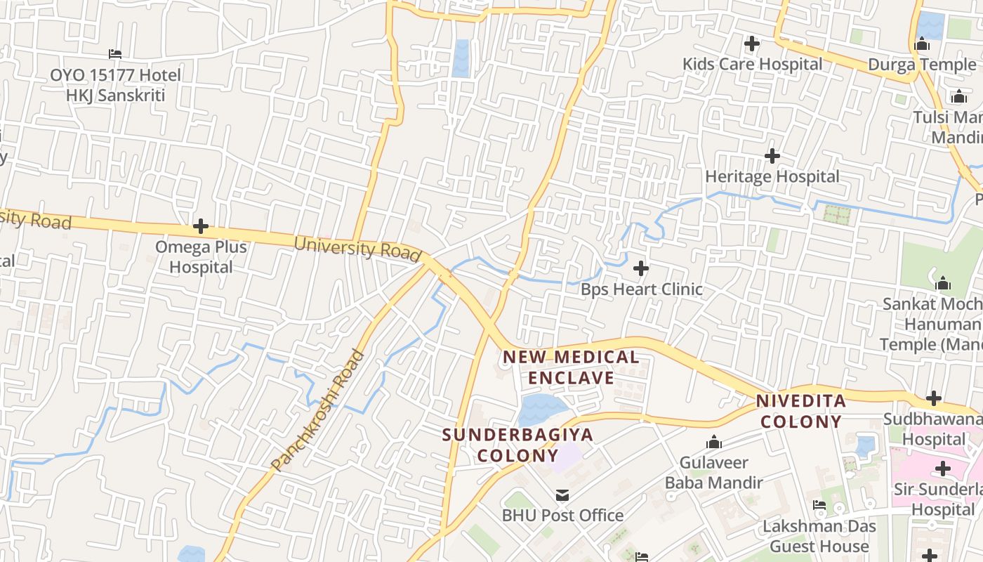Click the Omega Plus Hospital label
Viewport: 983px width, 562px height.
click(x=201, y=257)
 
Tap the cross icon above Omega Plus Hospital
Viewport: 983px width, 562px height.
click(x=201, y=226)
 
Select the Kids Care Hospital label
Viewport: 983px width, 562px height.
click(x=752, y=64)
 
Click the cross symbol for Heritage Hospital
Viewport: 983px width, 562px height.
click(x=772, y=155)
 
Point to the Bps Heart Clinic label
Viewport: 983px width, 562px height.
click(x=641, y=289)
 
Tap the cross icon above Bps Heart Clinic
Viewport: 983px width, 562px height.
click(x=640, y=268)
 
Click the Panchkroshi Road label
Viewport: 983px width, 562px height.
click(x=319, y=410)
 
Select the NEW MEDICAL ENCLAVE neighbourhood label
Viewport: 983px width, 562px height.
click(x=571, y=367)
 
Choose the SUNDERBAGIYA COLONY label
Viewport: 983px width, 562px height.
click(x=517, y=444)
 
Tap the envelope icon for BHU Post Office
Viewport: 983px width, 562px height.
click(x=562, y=495)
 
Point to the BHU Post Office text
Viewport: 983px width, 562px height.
click(x=562, y=516)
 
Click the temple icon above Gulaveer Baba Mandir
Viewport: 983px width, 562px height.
click(x=714, y=443)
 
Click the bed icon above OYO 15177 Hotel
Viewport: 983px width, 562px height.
click(x=115, y=54)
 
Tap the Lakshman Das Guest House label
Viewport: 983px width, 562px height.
click(x=819, y=536)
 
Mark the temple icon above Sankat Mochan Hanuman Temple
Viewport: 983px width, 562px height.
click(x=943, y=284)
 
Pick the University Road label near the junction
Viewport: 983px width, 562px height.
click(x=357, y=249)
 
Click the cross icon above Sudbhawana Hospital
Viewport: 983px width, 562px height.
click(x=933, y=398)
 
